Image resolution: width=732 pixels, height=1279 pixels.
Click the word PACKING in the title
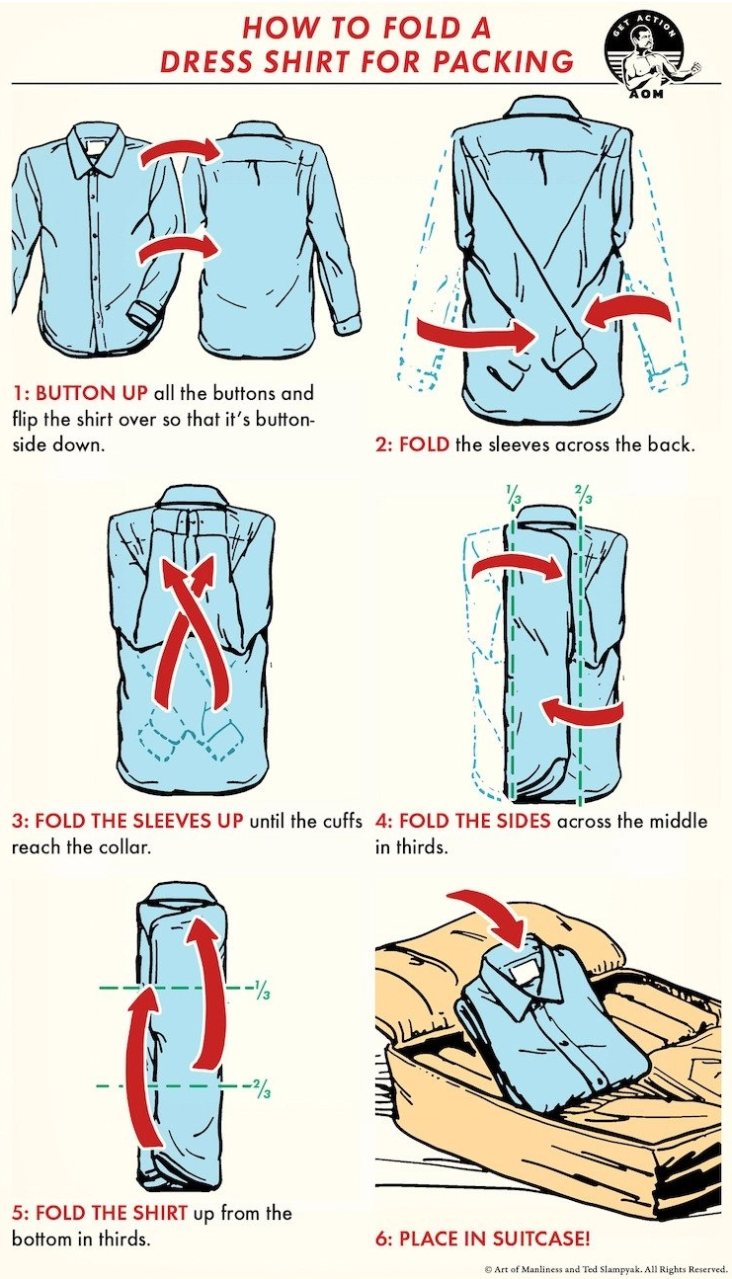click(503, 61)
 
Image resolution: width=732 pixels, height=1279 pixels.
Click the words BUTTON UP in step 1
click(91, 393)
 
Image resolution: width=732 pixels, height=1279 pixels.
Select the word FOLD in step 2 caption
click(424, 444)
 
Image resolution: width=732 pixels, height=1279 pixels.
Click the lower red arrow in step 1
click(181, 250)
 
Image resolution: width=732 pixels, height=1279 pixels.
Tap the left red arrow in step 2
click(478, 335)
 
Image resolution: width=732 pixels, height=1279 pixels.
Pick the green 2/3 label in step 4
click(584, 495)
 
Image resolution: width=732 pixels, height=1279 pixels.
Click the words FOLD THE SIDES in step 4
click(474, 821)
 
